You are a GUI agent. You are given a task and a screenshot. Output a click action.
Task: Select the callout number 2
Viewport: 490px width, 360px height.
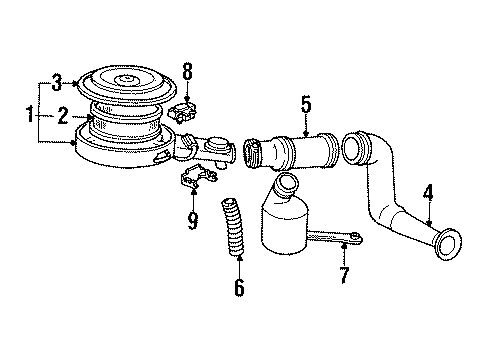61,116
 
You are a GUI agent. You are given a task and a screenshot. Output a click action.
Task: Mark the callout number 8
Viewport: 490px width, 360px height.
186,72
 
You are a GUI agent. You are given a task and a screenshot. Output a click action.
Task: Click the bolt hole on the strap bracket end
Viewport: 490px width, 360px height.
352,237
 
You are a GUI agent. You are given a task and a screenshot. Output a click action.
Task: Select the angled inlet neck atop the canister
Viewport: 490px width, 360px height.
287,188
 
